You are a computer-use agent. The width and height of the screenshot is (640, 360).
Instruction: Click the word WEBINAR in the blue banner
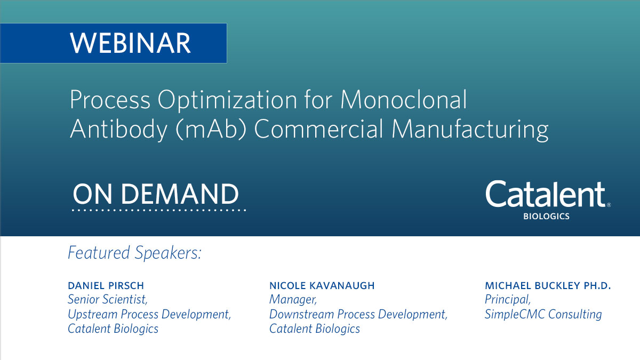coord(130,43)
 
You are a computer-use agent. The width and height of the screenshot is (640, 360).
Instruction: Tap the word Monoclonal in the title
coord(404,101)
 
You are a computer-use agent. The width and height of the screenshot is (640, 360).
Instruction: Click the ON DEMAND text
coord(156,194)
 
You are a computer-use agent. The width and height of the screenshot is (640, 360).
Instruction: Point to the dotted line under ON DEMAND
coord(158,210)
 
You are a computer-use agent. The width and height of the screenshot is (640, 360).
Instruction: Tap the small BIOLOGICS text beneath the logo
coord(546,217)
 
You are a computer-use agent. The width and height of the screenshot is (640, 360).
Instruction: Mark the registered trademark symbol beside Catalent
coord(609,204)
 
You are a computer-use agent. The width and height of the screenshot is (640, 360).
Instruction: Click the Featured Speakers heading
coord(134,253)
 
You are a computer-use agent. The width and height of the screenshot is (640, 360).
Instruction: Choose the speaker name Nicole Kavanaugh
coord(322,286)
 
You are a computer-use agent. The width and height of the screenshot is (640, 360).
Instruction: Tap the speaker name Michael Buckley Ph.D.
coord(547,286)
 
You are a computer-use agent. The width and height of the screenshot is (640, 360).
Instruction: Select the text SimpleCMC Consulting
coord(543,314)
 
